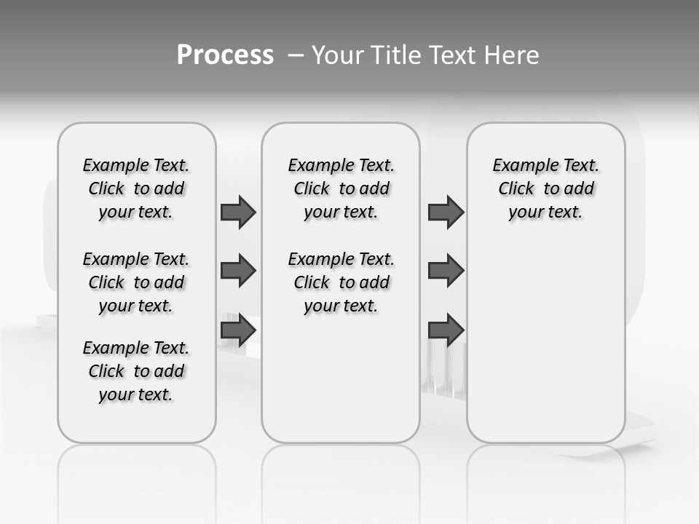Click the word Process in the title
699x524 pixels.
point(225,55)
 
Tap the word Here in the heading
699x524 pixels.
point(513,55)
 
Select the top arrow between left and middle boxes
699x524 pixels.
point(237,212)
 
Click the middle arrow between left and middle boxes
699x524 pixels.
point(237,271)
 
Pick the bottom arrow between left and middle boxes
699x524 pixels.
point(237,330)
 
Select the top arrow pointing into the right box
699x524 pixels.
point(446,212)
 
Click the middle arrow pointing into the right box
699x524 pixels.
point(446,271)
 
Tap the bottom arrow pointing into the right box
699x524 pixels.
point(446,330)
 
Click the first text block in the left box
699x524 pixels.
point(136,188)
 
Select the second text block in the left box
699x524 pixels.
point(136,282)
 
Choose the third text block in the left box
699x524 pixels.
point(136,371)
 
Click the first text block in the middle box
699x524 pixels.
point(341,188)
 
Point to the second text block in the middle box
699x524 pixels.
point(341,282)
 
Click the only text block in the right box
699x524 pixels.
point(545,188)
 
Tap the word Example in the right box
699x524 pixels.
point(519,166)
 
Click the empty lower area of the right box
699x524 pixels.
point(545,349)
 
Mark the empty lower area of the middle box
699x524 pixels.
point(341,378)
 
